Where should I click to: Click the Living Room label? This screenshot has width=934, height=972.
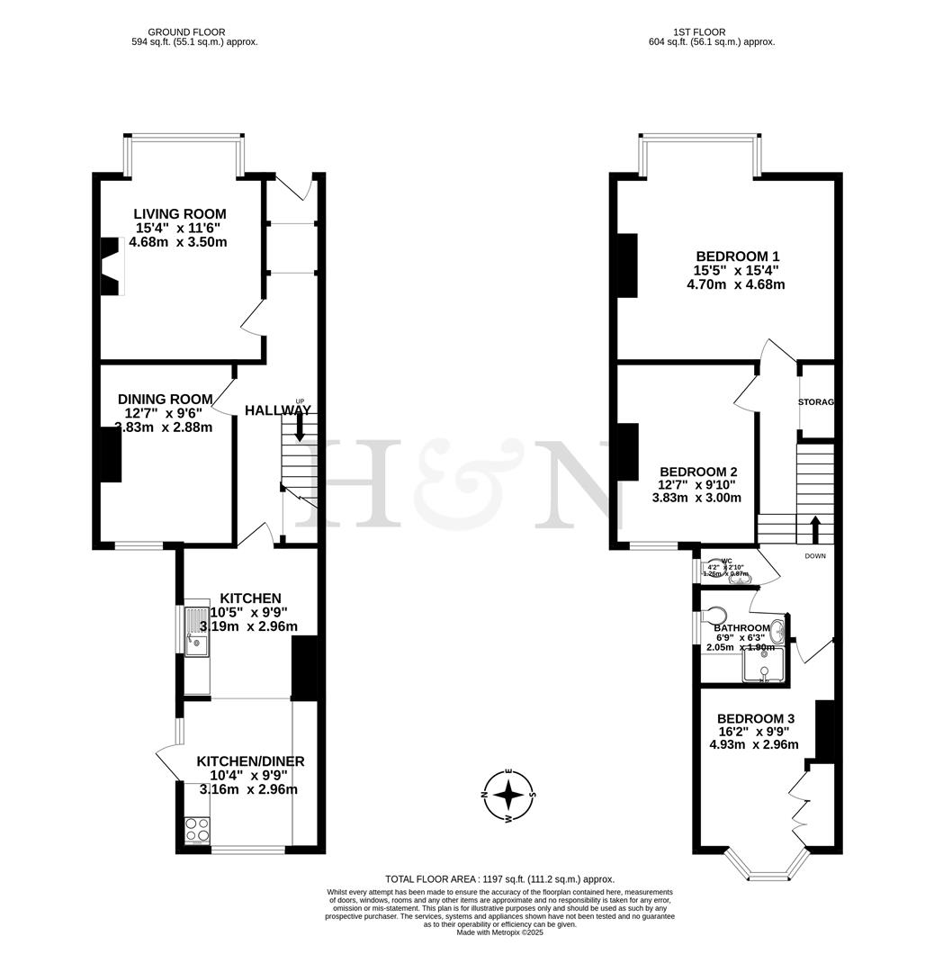pos(179,214)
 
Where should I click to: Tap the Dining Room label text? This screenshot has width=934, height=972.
pos(166,400)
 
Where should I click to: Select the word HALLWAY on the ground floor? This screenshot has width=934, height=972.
pos(278,410)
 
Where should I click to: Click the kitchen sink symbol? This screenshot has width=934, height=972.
pos(195,631)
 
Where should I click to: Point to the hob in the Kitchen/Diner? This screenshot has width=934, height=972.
pos(196,829)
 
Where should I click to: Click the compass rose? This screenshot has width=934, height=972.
pos(509,795)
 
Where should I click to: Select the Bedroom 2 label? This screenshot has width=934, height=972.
pos(698,472)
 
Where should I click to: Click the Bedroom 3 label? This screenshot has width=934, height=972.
pos(755,718)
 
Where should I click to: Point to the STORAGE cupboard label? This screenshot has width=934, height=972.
pos(815,402)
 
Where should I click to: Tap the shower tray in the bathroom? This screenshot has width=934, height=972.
pos(763,666)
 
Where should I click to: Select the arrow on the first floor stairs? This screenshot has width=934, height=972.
pos(815,528)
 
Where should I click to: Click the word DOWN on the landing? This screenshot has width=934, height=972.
pos(815,556)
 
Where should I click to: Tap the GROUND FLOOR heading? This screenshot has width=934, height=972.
pos(194,32)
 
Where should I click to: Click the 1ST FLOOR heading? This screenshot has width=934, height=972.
pos(711,32)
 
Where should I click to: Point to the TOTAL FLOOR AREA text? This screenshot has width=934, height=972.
pos(499,879)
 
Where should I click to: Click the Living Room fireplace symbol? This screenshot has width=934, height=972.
pos(110,266)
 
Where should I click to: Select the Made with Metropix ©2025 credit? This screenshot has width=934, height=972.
pos(499,932)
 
